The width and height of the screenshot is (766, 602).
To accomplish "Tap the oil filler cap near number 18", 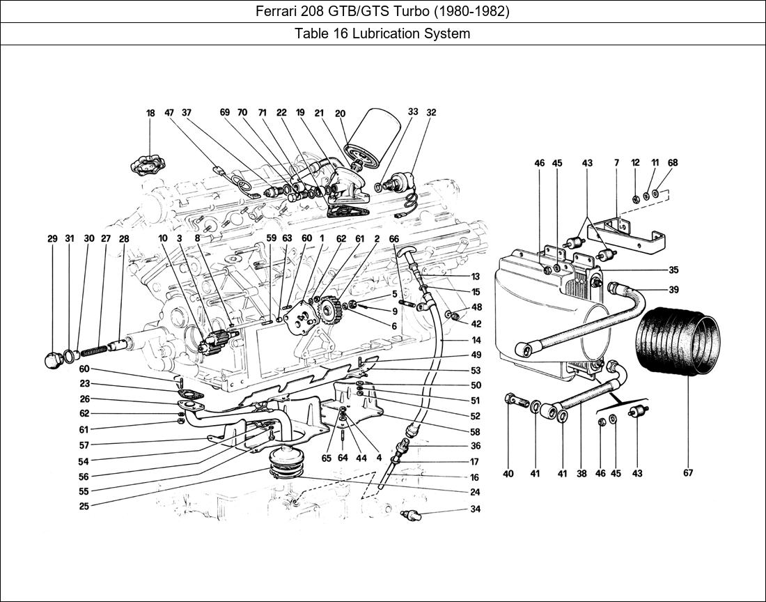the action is tap(149, 164).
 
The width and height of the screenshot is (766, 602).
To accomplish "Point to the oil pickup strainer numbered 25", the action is tap(287, 461).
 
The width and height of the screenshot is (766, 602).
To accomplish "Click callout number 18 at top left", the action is tap(150, 114).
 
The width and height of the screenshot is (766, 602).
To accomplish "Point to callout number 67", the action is tap(688, 472).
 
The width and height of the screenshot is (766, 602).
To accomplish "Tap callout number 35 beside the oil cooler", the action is tap(673, 270).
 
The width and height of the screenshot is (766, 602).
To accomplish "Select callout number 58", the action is tap(476, 431).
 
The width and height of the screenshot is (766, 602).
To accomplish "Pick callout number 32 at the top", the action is tap(431, 112).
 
